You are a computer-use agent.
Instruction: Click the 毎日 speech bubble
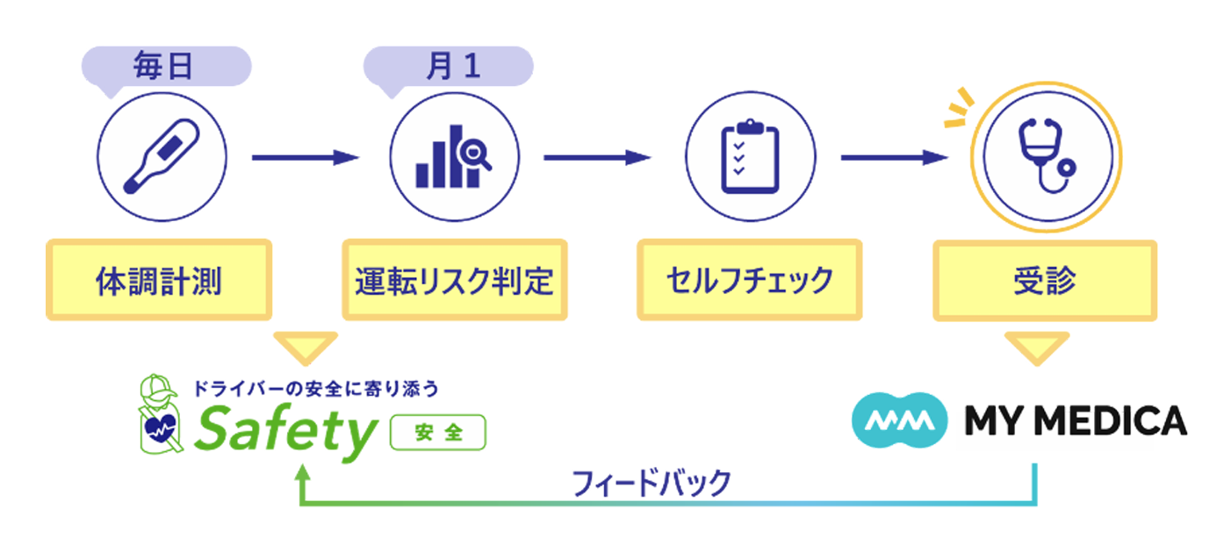click(x=166, y=68)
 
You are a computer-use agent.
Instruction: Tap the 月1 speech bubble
click(x=448, y=68)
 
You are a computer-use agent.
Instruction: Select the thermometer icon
click(x=162, y=157)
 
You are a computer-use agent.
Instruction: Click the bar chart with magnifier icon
click(x=454, y=157)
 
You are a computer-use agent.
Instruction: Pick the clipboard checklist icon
click(x=750, y=157)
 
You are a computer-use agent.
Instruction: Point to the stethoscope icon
click(x=1047, y=157)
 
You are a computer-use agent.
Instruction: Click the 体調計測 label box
click(x=159, y=280)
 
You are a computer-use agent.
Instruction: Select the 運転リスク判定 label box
click(x=455, y=280)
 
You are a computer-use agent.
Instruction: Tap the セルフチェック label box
click(x=750, y=280)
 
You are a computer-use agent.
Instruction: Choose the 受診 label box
click(x=1045, y=280)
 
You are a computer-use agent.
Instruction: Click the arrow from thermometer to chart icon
click(x=306, y=158)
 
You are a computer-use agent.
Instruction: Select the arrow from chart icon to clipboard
click(x=598, y=158)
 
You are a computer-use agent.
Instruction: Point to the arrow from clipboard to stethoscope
click(x=895, y=158)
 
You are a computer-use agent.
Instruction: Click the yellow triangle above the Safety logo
click(x=306, y=345)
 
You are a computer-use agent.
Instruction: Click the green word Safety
click(x=285, y=433)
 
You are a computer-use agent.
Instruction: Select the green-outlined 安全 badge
click(x=437, y=433)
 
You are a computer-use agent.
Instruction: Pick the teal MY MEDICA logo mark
click(x=899, y=420)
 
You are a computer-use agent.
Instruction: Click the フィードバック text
click(x=652, y=483)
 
